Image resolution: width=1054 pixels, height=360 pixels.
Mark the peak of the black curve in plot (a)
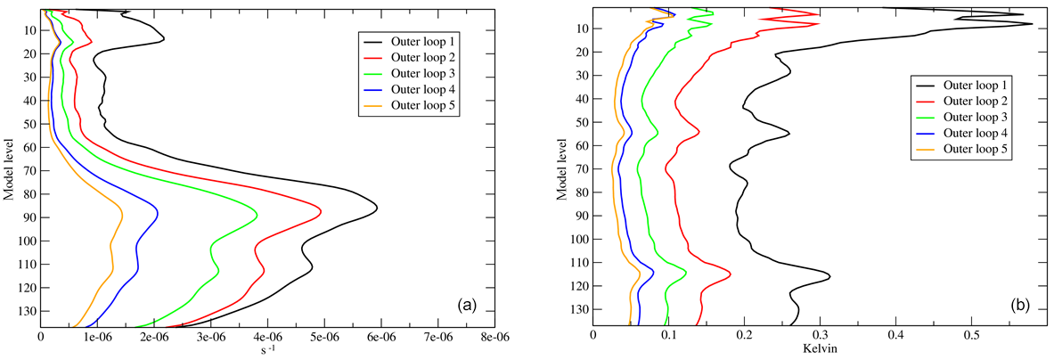377,209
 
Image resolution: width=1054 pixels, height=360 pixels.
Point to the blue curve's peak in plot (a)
158,211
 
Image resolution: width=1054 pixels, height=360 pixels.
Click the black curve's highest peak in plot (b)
1032,24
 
